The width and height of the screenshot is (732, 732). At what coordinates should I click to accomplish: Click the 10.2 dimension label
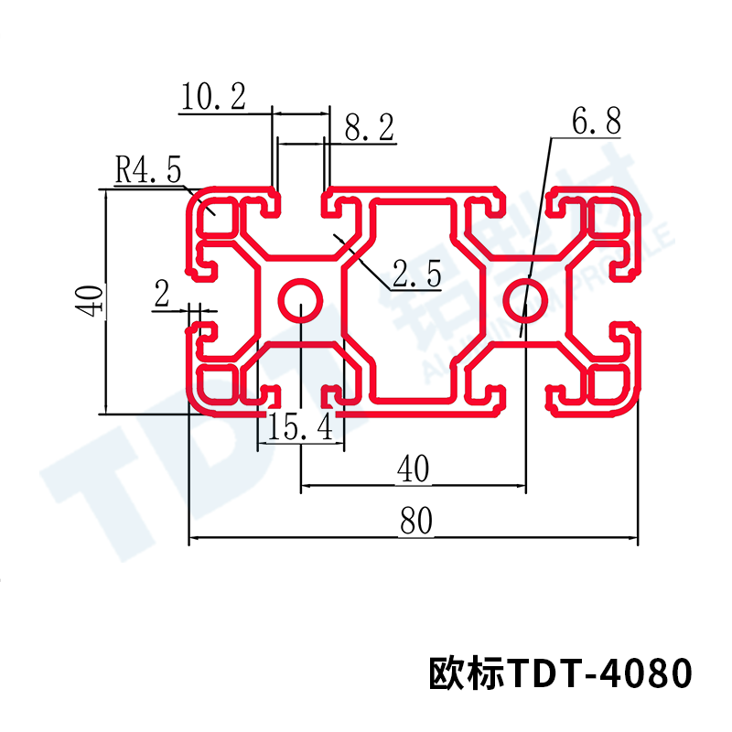click(213, 97)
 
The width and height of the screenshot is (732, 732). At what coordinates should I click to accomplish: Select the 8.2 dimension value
click(369, 129)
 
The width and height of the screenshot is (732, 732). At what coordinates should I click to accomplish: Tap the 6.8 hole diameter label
click(596, 121)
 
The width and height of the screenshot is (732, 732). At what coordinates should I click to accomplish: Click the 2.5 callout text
click(416, 272)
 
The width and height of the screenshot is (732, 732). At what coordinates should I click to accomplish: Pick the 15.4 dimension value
click(301, 428)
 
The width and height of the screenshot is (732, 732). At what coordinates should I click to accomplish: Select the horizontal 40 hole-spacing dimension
click(413, 469)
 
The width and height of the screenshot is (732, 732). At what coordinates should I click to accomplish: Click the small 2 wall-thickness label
click(163, 295)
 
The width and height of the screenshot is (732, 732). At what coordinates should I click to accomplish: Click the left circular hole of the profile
click(300, 299)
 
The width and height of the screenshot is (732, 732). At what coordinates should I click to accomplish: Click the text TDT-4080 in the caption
click(600, 675)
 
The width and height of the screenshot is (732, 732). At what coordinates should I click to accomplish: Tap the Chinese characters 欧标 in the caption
click(467, 675)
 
